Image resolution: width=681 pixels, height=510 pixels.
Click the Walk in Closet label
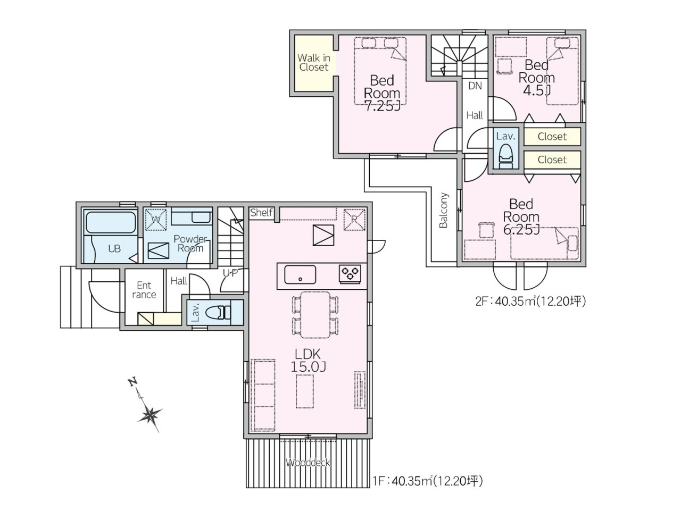pos(313,62)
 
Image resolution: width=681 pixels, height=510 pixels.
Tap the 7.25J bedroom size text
pos(382,106)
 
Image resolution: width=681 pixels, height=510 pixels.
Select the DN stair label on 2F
pos(475,86)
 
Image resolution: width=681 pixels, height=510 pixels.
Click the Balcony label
pos(444,211)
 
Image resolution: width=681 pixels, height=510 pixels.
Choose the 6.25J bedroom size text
pos(521,229)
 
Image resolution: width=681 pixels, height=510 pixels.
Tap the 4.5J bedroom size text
pos(537,90)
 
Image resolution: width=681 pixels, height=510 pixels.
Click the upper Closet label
pos(552,137)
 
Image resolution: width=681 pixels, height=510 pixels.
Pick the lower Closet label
pos(552,160)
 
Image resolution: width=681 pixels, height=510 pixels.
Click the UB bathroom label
pos(114,249)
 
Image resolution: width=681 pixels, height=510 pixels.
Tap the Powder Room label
pos(190,244)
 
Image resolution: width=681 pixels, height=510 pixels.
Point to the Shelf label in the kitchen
pos(261,212)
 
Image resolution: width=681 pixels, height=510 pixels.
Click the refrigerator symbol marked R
pos(354,219)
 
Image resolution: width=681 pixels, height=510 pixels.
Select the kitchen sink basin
pos(300,274)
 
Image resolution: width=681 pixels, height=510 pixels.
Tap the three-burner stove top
pos(350,274)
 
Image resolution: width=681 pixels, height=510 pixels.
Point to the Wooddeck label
pos(308,463)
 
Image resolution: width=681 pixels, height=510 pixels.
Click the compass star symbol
pos(150,414)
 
